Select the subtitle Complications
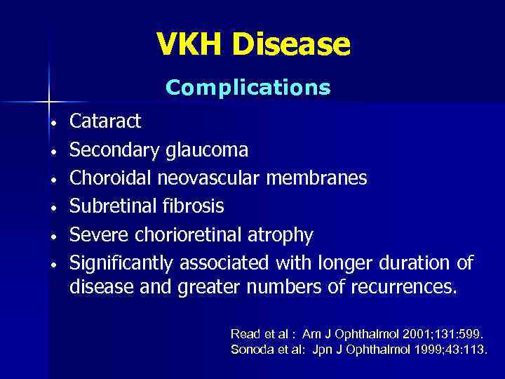(248, 88)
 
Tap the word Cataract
(105, 121)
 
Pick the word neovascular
(211, 178)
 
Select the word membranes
(319, 178)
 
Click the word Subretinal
(112, 206)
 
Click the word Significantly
(122, 263)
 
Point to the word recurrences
(403, 286)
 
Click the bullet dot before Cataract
(53, 123)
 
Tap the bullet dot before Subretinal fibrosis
(53, 208)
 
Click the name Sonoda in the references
(250, 349)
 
